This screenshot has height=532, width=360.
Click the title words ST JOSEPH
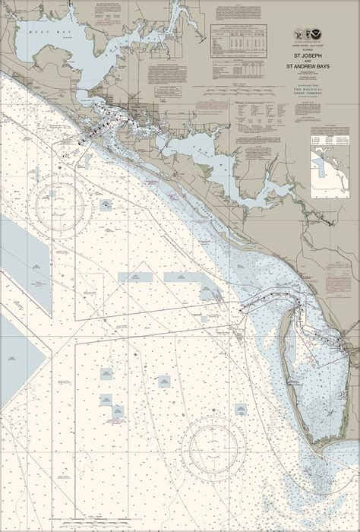tap(308, 55)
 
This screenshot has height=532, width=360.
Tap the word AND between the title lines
tap(308, 62)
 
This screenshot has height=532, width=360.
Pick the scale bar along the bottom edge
tap(180, 524)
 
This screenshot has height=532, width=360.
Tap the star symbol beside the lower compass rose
tap(216, 411)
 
